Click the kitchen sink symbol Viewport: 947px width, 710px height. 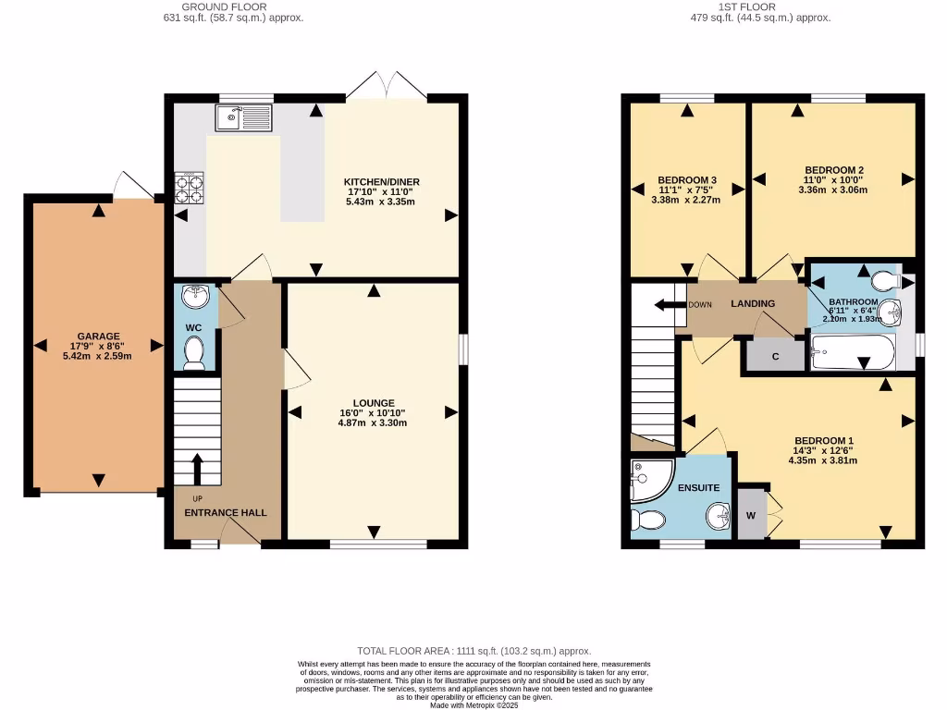coord(241,117)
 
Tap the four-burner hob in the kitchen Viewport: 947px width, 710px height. coord(190,189)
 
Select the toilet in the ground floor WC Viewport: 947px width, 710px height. coord(194,354)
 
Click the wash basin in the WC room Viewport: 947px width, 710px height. coord(195,298)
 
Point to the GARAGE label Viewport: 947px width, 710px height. coord(98,337)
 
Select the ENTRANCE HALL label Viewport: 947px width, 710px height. coord(213,512)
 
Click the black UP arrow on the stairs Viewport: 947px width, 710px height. coord(196,468)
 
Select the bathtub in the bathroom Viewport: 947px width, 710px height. coord(853,352)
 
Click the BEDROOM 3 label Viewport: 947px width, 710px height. coord(687,180)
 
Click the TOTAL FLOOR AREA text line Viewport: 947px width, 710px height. coord(473,652)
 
